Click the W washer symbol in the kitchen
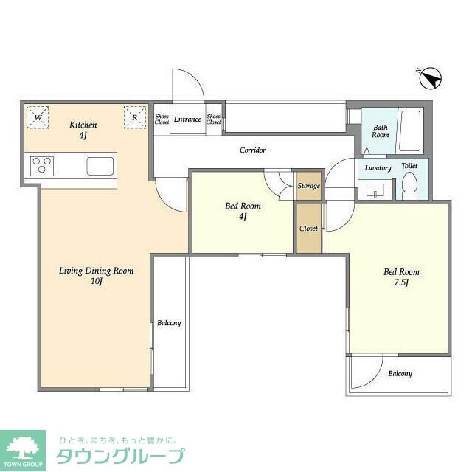[x=37, y=117]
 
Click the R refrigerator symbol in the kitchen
[x=135, y=117]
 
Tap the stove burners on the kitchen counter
[x=41, y=165]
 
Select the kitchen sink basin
[x=100, y=166]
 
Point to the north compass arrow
[x=430, y=77]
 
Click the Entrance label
[x=187, y=119]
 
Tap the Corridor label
[x=252, y=150]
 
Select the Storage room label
[x=308, y=186]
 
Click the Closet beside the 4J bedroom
[x=308, y=229]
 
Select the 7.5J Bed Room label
[x=401, y=277]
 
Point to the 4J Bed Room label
[x=242, y=211]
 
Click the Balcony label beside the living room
[x=169, y=323]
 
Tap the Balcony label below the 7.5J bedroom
[x=400, y=374]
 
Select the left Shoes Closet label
[x=162, y=119]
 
